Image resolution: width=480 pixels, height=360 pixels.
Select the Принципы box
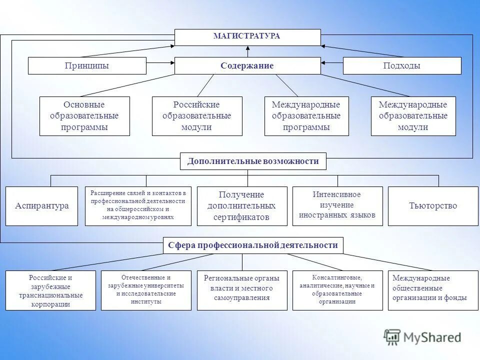[87, 65]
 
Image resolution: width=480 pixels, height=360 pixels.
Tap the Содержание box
[247, 65]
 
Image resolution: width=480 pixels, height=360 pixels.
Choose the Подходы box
[401, 65]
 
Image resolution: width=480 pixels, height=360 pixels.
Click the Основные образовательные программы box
[84, 116]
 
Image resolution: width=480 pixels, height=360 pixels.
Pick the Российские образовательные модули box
[196, 116]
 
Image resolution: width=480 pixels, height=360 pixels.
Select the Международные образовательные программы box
[306, 116]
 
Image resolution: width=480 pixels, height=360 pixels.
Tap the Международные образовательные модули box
[413, 116]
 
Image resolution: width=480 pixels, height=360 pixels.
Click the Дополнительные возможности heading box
[252, 161]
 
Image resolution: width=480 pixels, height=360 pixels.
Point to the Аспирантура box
[41, 206]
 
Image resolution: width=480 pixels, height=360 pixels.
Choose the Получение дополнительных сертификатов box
[241, 206]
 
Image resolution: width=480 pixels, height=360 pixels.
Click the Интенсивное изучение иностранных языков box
[337, 206]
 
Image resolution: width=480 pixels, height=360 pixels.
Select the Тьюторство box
[432, 206]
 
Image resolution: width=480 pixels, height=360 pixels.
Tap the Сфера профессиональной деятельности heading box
[253, 245]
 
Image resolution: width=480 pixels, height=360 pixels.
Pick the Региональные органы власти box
[241, 290]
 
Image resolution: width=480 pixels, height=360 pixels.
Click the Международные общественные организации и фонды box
[432, 290]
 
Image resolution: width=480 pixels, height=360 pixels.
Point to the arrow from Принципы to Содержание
[160, 63]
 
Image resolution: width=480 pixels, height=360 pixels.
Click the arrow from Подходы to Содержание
[331, 63]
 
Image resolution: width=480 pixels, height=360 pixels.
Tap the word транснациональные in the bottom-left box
[50, 295]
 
